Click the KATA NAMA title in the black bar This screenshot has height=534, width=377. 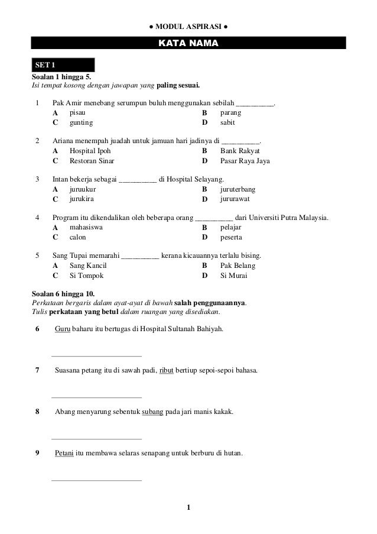click(x=188, y=44)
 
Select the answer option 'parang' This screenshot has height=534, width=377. click(x=230, y=112)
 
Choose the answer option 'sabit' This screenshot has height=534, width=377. click(x=227, y=123)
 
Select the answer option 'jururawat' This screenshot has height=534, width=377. click(x=235, y=199)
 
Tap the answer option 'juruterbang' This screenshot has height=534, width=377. click(x=238, y=189)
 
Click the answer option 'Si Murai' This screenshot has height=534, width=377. click(x=233, y=276)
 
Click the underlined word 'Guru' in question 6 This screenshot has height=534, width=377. click(x=62, y=328)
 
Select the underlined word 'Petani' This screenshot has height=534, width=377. click(x=64, y=454)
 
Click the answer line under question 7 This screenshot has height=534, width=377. click(x=97, y=397)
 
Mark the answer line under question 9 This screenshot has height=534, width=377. click(x=97, y=480)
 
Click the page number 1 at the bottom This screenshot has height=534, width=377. click(x=188, y=507)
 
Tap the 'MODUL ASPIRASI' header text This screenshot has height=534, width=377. click(x=188, y=27)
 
